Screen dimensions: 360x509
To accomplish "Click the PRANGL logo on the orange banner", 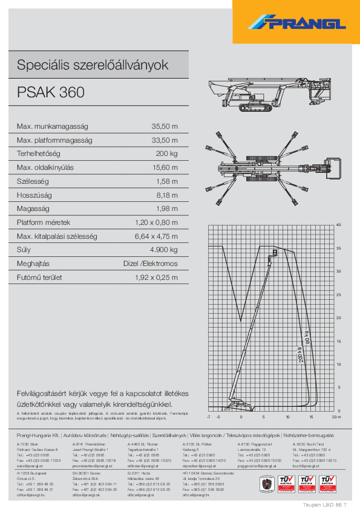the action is (296, 23).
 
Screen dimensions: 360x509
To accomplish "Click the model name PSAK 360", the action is (51, 92).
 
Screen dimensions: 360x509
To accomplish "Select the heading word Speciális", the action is (41, 65).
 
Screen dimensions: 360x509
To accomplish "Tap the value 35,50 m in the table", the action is (165, 126).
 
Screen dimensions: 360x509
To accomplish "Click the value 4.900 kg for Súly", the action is (164, 250).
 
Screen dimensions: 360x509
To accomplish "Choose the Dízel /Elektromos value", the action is (151, 264).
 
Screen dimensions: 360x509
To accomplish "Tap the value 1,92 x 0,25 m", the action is (156, 277).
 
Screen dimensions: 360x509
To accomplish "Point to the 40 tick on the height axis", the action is (338, 225).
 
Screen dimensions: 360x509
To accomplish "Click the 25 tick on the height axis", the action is (338, 294).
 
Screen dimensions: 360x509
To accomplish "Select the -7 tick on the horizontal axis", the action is (209, 417).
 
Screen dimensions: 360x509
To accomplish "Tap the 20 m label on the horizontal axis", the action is (336, 417).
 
